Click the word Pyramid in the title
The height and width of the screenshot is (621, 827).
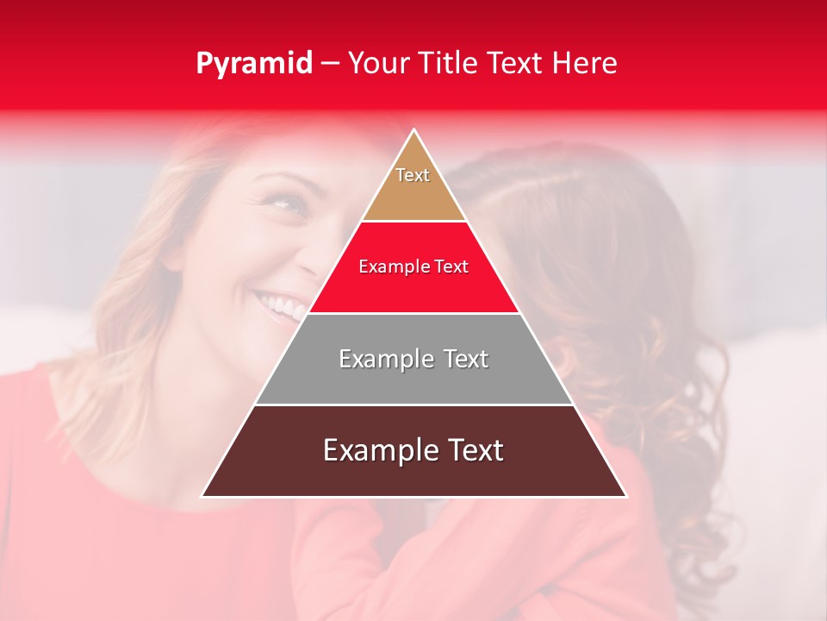coord(254,64)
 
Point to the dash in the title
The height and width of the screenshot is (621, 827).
coord(330,64)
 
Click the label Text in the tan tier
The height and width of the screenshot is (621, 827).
coord(413,175)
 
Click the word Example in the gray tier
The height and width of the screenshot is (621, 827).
coord(384,359)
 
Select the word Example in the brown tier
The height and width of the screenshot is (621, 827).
coord(376,450)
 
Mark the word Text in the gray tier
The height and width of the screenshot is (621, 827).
coord(467,359)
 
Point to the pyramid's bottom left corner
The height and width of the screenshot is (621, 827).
coord(202,496)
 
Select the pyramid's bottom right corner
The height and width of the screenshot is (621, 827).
coord(626,496)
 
